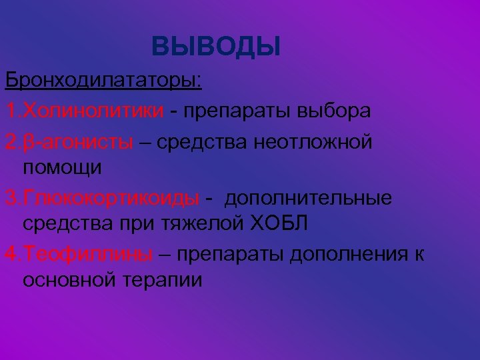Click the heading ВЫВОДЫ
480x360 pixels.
[216, 47]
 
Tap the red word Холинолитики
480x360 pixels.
[93, 110]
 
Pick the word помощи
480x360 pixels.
[63, 168]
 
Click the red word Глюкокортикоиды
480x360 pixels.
[111, 198]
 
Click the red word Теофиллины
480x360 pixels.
[87, 254]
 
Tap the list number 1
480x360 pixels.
[11, 110]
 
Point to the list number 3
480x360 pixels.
[11, 198]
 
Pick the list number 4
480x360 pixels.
[11, 254]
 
